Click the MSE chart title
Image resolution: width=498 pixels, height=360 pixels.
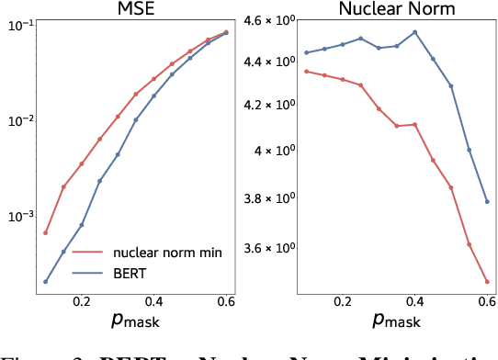pyautogui.click(x=136, y=10)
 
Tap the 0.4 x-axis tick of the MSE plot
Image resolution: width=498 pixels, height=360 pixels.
pyautogui.click(x=154, y=300)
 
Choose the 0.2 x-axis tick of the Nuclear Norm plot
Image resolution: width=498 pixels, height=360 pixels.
pyautogui.click(x=343, y=300)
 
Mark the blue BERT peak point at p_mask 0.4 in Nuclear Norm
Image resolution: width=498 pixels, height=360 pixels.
pyautogui.click(x=415, y=32)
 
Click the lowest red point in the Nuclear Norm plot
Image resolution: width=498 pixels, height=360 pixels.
pyautogui.click(x=487, y=281)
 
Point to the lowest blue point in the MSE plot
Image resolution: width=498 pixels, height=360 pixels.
pyautogui.click(x=46, y=281)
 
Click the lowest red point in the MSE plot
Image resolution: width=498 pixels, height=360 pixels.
pyautogui.click(x=46, y=232)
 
